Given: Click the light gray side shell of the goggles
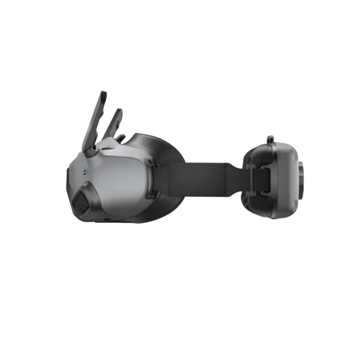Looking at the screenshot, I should (x=120, y=180).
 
